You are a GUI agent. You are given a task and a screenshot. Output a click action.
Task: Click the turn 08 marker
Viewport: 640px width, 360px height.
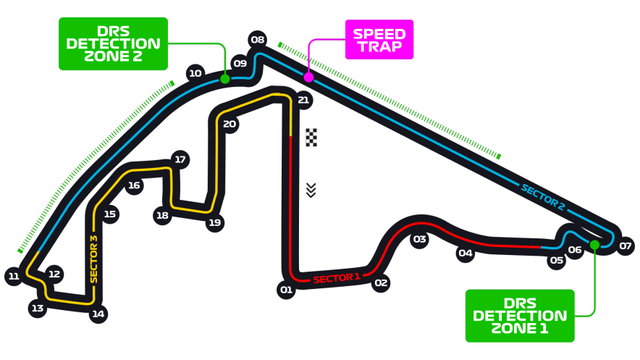[x=258, y=40]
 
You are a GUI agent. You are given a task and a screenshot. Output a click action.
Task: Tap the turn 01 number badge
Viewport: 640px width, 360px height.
[x=286, y=290]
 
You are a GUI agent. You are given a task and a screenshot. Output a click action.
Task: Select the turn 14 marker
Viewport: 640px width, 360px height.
[x=98, y=314]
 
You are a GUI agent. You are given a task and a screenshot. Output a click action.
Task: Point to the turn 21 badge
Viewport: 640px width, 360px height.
[x=303, y=100]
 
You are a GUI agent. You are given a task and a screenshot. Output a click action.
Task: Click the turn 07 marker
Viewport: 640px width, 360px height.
[x=626, y=246]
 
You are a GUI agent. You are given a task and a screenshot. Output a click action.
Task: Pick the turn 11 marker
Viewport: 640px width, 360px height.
[x=14, y=276]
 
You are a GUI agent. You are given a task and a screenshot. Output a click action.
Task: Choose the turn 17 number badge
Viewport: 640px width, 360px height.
[x=180, y=159]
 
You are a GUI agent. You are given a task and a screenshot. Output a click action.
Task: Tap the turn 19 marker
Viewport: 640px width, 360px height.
[x=215, y=222]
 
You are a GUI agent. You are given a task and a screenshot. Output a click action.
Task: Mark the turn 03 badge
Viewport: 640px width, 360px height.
[x=420, y=239]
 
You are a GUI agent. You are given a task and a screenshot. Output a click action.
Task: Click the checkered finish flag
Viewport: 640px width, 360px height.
[x=311, y=137]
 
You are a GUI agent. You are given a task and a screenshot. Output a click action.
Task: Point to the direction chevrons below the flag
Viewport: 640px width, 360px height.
[x=311, y=191]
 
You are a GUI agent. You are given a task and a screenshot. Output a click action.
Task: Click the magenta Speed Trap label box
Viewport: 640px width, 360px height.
[x=379, y=40]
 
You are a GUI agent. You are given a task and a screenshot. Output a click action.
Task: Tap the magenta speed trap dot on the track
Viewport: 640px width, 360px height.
[x=308, y=77]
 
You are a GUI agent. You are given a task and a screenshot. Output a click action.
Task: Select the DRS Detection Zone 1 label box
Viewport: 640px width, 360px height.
[x=520, y=316]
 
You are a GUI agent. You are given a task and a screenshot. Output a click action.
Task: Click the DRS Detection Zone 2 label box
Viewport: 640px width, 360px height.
[x=113, y=43]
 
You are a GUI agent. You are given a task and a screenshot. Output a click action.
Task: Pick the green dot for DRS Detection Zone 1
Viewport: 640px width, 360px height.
[x=594, y=245]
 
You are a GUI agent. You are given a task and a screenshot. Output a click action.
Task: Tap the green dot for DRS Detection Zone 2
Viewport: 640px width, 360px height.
[x=225, y=79]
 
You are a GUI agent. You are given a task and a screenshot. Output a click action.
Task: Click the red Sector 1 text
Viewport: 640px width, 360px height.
[x=337, y=278]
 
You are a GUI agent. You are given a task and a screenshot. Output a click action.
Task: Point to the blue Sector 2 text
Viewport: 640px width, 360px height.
[x=543, y=198]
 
